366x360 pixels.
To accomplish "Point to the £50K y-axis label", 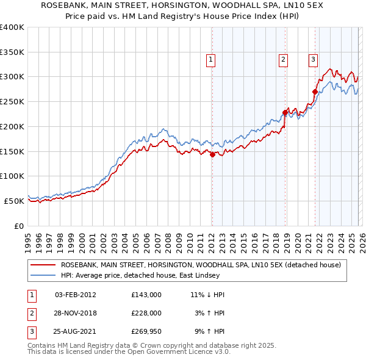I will point(14,201).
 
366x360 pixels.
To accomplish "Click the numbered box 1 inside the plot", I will point(210,60).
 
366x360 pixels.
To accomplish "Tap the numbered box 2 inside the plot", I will point(284,60).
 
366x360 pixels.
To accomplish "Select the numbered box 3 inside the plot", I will point(312,60).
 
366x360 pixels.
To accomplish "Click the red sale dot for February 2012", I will point(212,155).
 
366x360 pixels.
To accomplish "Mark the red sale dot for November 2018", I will point(285,112).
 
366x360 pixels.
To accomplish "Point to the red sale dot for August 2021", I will point(315,92).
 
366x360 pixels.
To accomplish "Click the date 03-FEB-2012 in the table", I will point(76,295).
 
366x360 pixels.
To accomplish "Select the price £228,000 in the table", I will point(146,313).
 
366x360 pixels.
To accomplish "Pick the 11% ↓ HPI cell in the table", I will point(207,295).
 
